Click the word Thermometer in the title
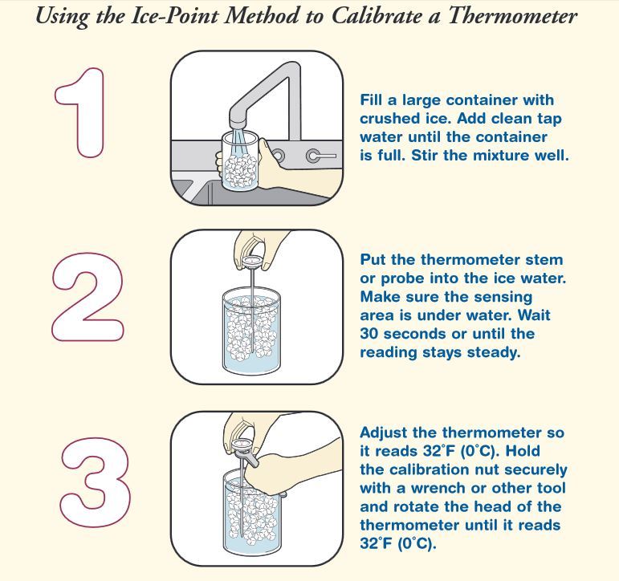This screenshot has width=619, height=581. click(512, 16)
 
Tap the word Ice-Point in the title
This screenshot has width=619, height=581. click(174, 16)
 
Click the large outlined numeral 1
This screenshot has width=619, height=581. click(80, 112)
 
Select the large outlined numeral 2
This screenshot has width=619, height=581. click(88, 296)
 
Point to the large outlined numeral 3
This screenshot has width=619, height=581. click(96, 482)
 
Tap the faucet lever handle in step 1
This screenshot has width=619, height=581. click(321, 156)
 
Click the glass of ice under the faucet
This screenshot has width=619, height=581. click(240, 162)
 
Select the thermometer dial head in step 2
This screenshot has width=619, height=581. click(251, 262)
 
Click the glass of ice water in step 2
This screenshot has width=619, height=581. click(251, 331)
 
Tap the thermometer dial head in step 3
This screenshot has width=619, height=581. click(242, 445)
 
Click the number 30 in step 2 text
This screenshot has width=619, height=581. click(369, 334)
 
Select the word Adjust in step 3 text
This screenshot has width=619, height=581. click(384, 433)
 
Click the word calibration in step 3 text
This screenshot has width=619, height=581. click(445, 469)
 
